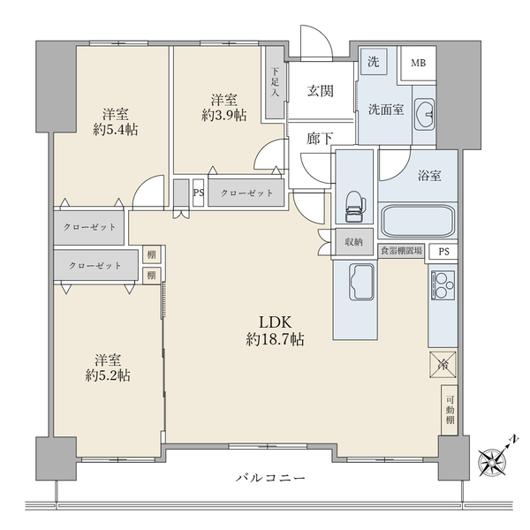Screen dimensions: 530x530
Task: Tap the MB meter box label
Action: point(418,63)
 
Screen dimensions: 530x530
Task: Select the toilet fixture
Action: point(354,207)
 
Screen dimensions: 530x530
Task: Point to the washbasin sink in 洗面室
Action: point(424,114)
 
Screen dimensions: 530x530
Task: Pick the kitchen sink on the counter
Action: point(361,282)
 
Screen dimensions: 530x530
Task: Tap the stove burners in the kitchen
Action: point(443,285)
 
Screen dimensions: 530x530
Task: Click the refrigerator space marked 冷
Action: point(443,365)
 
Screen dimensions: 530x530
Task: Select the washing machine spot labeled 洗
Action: point(374,62)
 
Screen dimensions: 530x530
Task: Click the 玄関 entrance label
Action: point(320,91)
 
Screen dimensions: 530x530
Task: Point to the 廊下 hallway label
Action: point(320,139)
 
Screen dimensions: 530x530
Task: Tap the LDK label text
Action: point(275,322)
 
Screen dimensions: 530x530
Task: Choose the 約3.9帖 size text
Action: point(223,115)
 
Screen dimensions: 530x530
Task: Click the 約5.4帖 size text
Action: point(115,130)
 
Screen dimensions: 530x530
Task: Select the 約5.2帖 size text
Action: point(108,375)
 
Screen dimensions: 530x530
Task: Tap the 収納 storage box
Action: point(354,242)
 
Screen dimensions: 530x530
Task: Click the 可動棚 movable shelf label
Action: point(450,410)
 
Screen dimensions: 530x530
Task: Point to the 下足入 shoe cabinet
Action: point(275,82)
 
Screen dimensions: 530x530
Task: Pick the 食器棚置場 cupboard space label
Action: point(402,251)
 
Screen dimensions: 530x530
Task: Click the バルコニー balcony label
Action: point(270,478)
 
